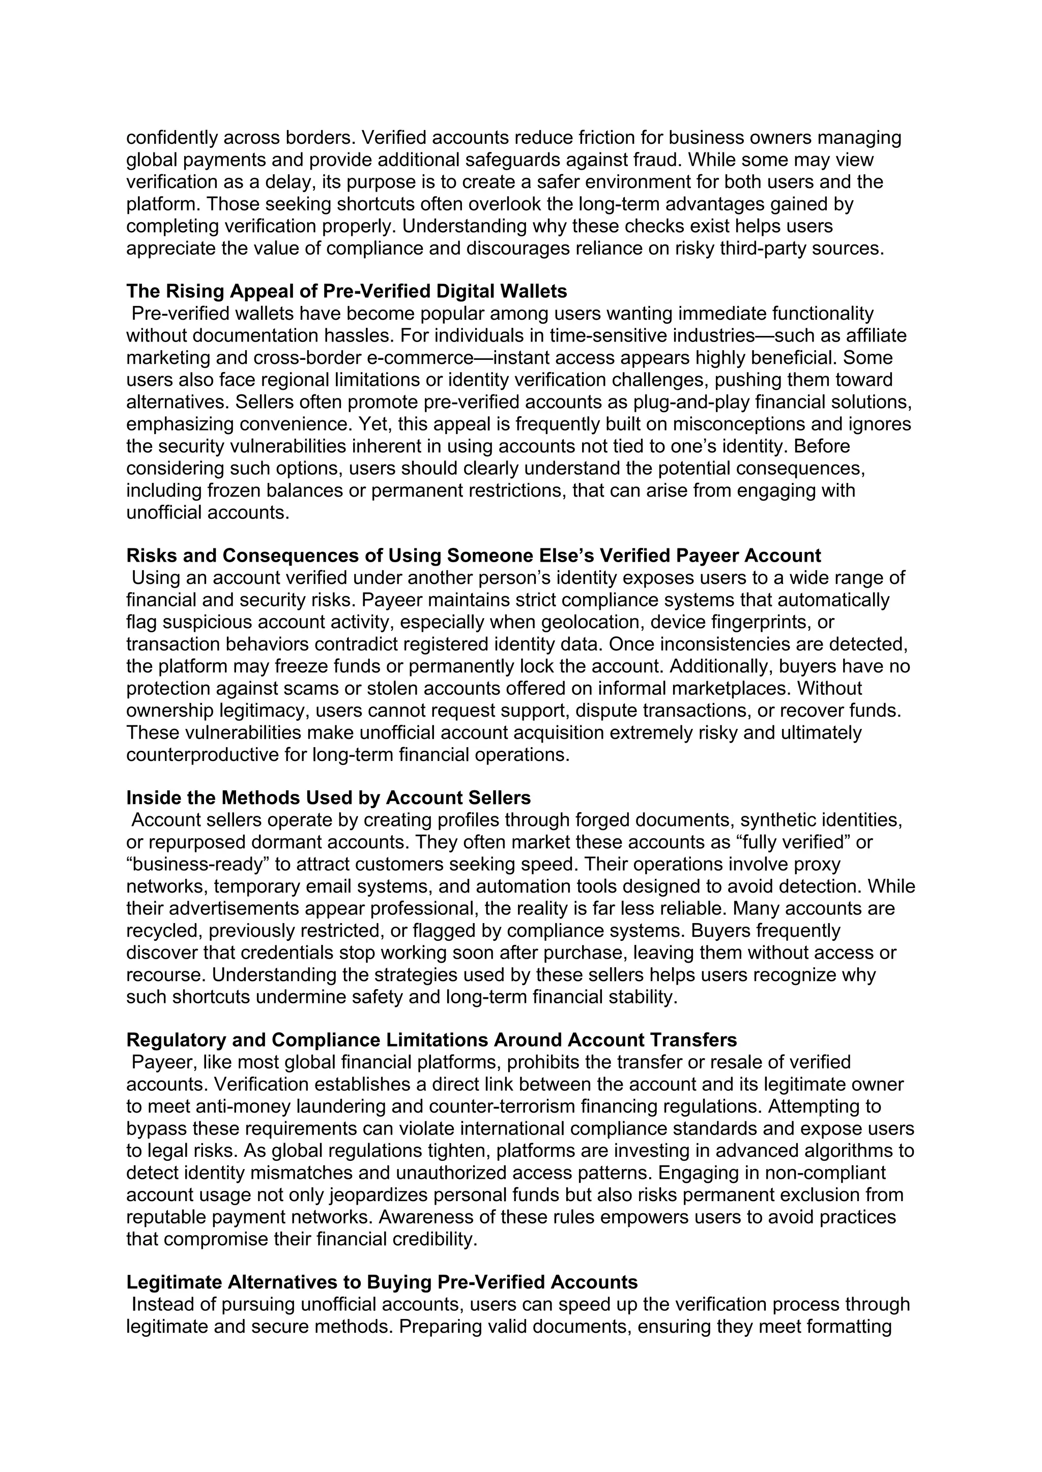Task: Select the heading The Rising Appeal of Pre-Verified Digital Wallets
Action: [x=346, y=292]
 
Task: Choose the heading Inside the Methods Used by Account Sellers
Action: [x=329, y=798]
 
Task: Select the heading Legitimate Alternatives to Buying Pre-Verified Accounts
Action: [x=382, y=1282]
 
